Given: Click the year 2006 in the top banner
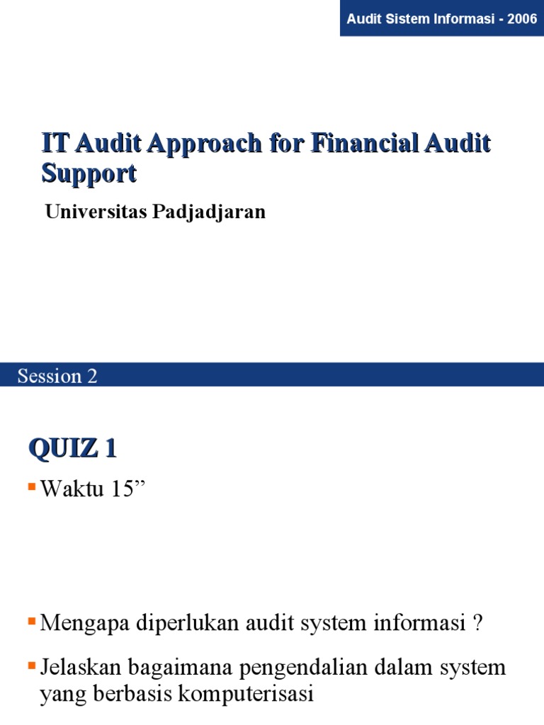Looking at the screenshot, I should pyautogui.click(x=522, y=18).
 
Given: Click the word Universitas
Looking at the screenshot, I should pyautogui.click(x=95, y=212).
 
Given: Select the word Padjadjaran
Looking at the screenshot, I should pyautogui.click(x=208, y=212).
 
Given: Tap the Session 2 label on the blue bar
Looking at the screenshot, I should pyautogui.click(x=57, y=376).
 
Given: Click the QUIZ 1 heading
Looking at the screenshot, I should pyautogui.click(x=72, y=449).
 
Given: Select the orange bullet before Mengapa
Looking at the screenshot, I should pyautogui.click(x=32, y=621).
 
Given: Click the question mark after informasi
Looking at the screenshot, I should pyautogui.click(x=478, y=624).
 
